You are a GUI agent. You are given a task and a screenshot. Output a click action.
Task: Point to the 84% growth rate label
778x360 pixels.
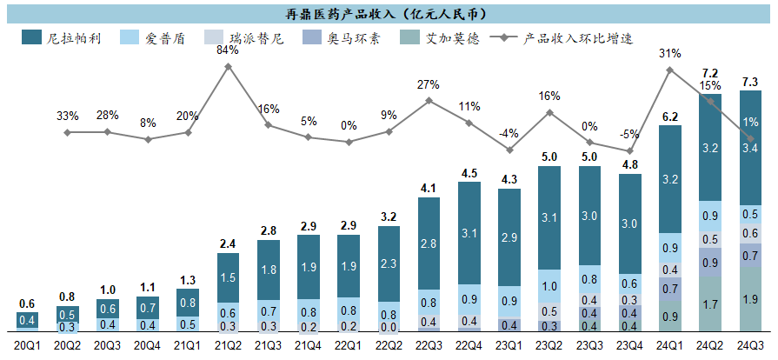pyautogui.click(x=227, y=50)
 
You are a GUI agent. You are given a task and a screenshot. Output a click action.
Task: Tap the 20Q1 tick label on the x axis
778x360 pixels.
pyautogui.click(x=27, y=346)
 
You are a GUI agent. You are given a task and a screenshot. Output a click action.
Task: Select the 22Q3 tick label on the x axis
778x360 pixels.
pyautogui.click(x=429, y=346)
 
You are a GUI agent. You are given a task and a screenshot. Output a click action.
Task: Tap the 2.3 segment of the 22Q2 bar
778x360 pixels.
pyautogui.click(x=388, y=263)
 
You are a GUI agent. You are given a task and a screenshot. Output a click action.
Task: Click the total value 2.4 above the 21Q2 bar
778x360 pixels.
pyautogui.click(x=227, y=243)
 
